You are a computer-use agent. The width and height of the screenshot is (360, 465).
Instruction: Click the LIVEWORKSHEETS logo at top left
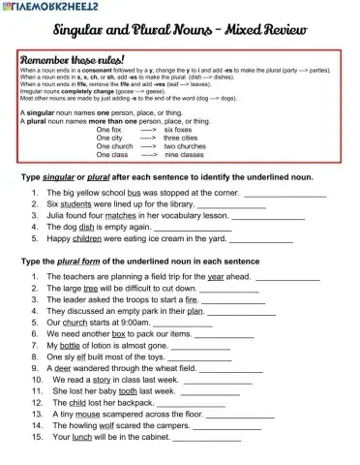pos(53,7)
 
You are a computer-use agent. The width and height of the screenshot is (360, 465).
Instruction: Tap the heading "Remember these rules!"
pos(72,59)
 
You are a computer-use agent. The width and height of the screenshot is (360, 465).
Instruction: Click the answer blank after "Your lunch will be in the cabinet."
pos(206,437)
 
